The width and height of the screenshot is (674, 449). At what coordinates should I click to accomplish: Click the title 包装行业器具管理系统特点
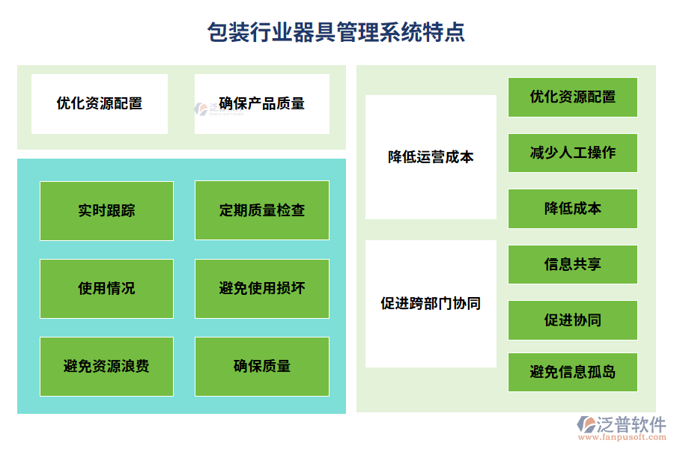(x=336, y=32)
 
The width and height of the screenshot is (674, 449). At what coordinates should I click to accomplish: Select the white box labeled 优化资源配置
(x=100, y=104)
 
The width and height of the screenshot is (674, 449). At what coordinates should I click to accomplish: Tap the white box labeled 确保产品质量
(x=262, y=104)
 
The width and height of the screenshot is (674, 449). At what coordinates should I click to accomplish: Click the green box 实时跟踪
(x=106, y=211)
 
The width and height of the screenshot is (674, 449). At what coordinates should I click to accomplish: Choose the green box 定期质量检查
(x=262, y=211)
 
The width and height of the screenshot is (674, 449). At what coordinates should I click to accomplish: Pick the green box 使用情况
(x=106, y=289)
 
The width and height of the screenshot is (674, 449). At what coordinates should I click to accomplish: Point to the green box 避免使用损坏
(x=262, y=289)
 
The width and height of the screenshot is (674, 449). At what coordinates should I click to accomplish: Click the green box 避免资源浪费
(x=106, y=367)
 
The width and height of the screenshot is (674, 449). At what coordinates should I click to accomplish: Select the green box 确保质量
(x=262, y=367)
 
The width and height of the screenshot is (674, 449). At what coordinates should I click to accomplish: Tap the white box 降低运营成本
(x=431, y=157)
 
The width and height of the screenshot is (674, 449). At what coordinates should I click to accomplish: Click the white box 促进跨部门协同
(x=431, y=304)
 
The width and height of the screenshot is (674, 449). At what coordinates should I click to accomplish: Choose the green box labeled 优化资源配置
(x=573, y=97)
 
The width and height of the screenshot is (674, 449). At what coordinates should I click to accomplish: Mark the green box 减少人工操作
(x=573, y=153)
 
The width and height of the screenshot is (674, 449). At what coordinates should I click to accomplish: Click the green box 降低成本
(x=573, y=209)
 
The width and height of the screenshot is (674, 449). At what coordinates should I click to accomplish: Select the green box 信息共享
(x=573, y=264)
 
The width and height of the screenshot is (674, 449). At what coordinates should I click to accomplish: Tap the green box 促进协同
(x=573, y=320)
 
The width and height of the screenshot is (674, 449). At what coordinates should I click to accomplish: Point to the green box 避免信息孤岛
(x=573, y=372)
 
